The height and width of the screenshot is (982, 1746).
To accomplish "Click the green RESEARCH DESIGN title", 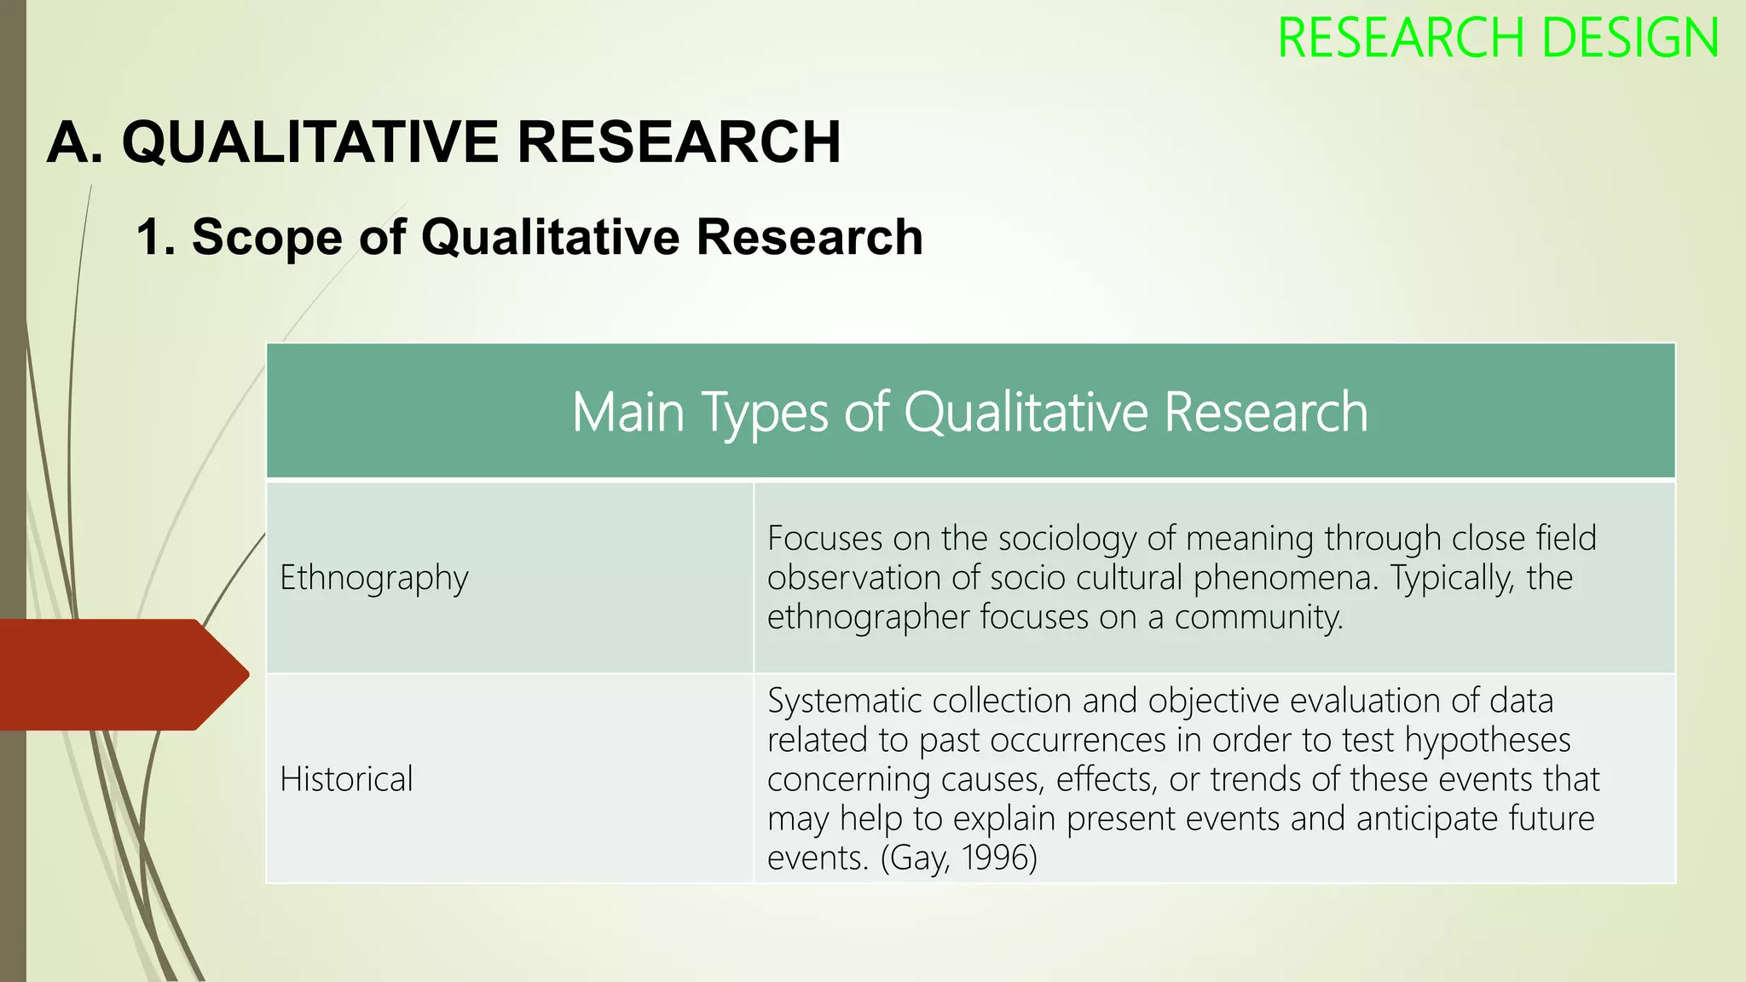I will coord(1497,39).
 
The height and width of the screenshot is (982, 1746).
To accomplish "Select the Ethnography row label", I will coord(374,578).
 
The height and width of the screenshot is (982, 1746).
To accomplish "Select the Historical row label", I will coord(346,779).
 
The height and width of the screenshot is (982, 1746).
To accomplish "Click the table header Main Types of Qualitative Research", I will coord(970,413).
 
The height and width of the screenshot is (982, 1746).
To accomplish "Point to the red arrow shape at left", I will coord(119,674).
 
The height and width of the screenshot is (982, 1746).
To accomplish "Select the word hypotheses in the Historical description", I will coord(1487,740).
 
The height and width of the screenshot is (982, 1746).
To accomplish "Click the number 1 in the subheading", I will coord(150,237).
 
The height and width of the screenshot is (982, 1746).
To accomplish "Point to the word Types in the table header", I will coord(765,413).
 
